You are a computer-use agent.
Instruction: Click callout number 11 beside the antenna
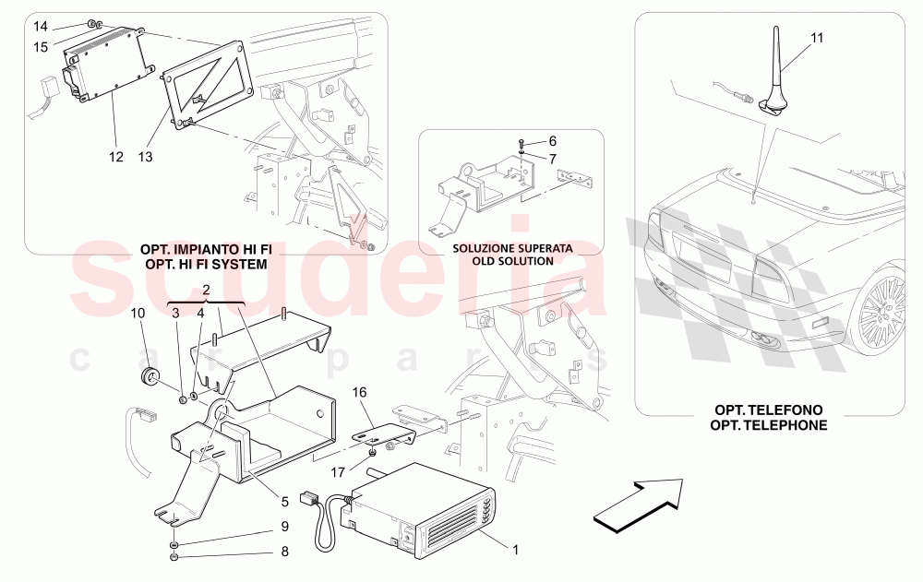point(817,38)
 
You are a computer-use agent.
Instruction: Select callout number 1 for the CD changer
point(516,551)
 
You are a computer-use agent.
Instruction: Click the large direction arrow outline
point(638,505)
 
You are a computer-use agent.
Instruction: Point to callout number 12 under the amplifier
point(116,157)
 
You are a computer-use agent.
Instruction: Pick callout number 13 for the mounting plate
point(145,157)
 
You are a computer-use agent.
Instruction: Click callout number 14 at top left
point(40,27)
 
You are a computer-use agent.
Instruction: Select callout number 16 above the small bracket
point(359,392)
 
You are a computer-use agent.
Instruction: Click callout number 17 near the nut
point(337,472)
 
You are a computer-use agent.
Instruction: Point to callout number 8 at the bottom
point(285,552)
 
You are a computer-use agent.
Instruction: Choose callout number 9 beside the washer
point(285,526)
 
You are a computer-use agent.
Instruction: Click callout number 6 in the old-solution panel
point(552,141)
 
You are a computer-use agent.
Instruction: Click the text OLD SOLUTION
point(512,261)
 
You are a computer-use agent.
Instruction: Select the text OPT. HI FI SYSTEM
point(206,264)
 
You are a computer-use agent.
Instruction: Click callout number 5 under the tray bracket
point(285,502)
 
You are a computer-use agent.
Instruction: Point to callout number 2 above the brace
point(206,290)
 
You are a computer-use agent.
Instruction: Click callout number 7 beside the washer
point(552,159)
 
